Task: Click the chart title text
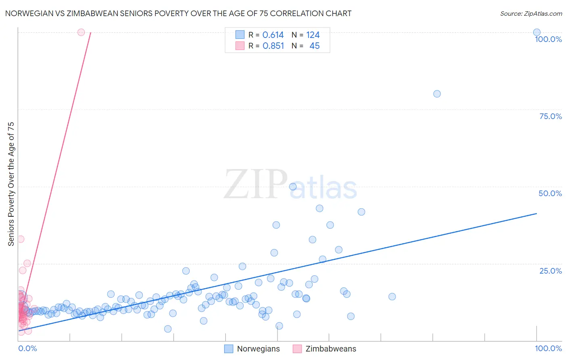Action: [178, 13]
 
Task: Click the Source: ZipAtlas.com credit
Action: [531, 13]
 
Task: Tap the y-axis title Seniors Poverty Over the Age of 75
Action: [11, 184]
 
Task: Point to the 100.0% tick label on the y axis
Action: [548, 39]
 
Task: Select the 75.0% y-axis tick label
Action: [550, 116]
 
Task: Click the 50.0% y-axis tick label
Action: [550, 193]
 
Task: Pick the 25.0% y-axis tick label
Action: [550, 271]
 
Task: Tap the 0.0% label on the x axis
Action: [27, 348]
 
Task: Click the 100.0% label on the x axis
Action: [548, 348]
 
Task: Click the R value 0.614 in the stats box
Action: [273, 35]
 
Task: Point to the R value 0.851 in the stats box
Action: [273, 46]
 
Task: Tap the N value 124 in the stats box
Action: [313, 35]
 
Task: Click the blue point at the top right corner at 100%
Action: [536, 32]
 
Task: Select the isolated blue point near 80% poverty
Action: [437, 94]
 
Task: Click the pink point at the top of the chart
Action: [81, 32]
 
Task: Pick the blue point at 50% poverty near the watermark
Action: [293, 186]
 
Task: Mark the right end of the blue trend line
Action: [536, 213]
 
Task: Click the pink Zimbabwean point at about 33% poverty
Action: [21, 239]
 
